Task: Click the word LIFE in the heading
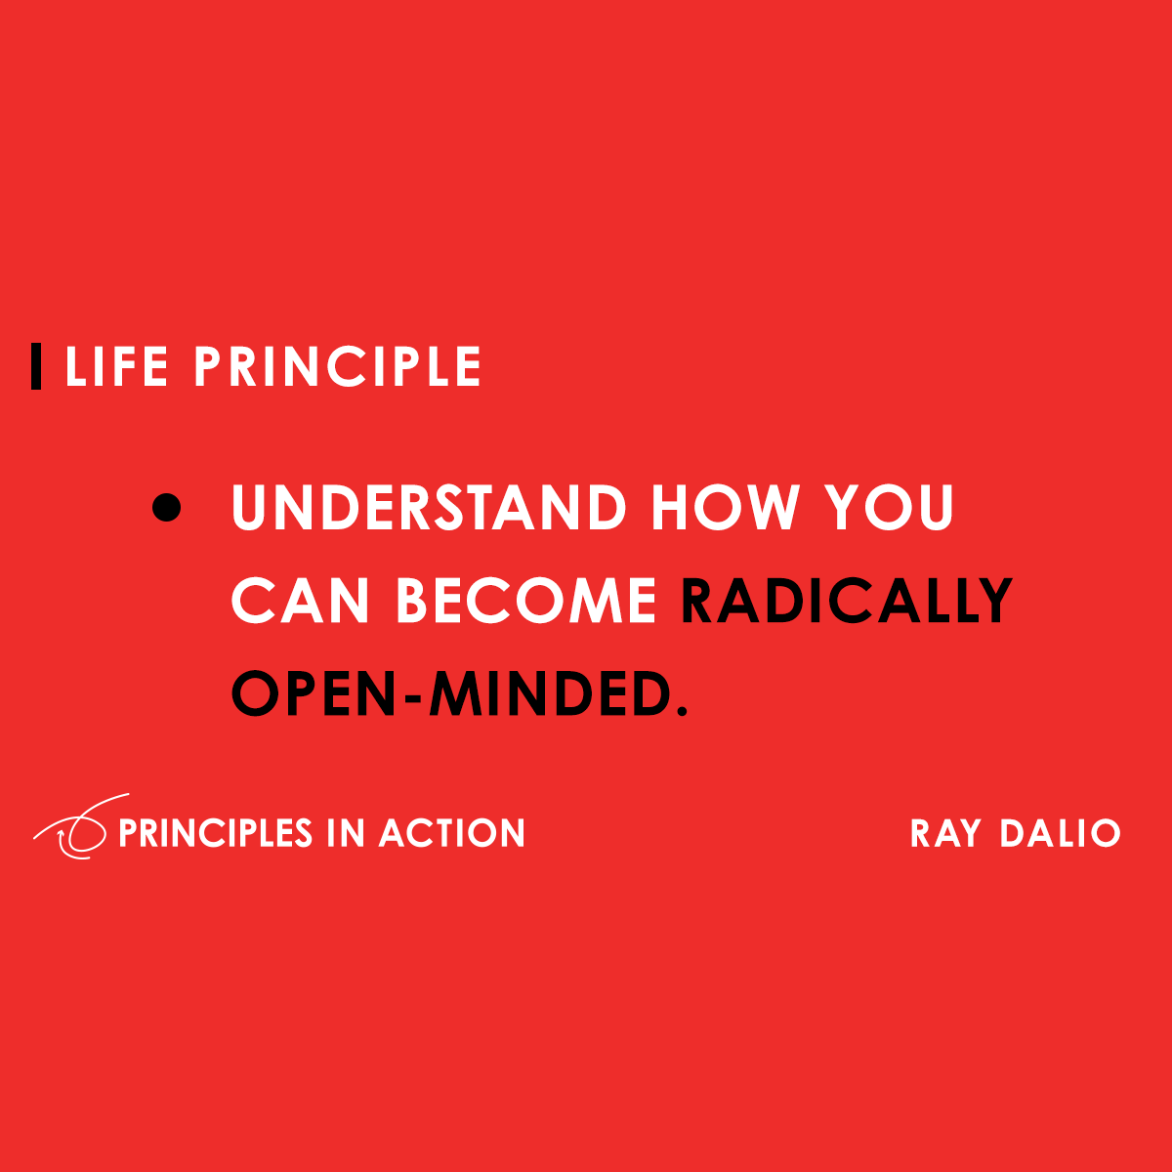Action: (x=116, y=367)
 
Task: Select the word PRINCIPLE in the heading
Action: (x=338, y=367)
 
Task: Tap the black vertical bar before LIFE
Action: (x=37, y=367)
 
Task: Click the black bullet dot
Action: (x=167, y=508)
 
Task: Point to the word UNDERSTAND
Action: (x=428, y=508)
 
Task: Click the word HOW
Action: (x=726, y=508)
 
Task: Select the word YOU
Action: (x=889, y=508)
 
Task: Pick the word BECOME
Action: (x=525, y=601)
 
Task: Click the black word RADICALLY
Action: (x=847, y=601)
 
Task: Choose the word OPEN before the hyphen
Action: (x=314, y=693)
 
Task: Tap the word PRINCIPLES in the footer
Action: (x=215, y=833)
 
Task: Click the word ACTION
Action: (x=452, y=833)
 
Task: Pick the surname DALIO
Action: (x=1060, y=833)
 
